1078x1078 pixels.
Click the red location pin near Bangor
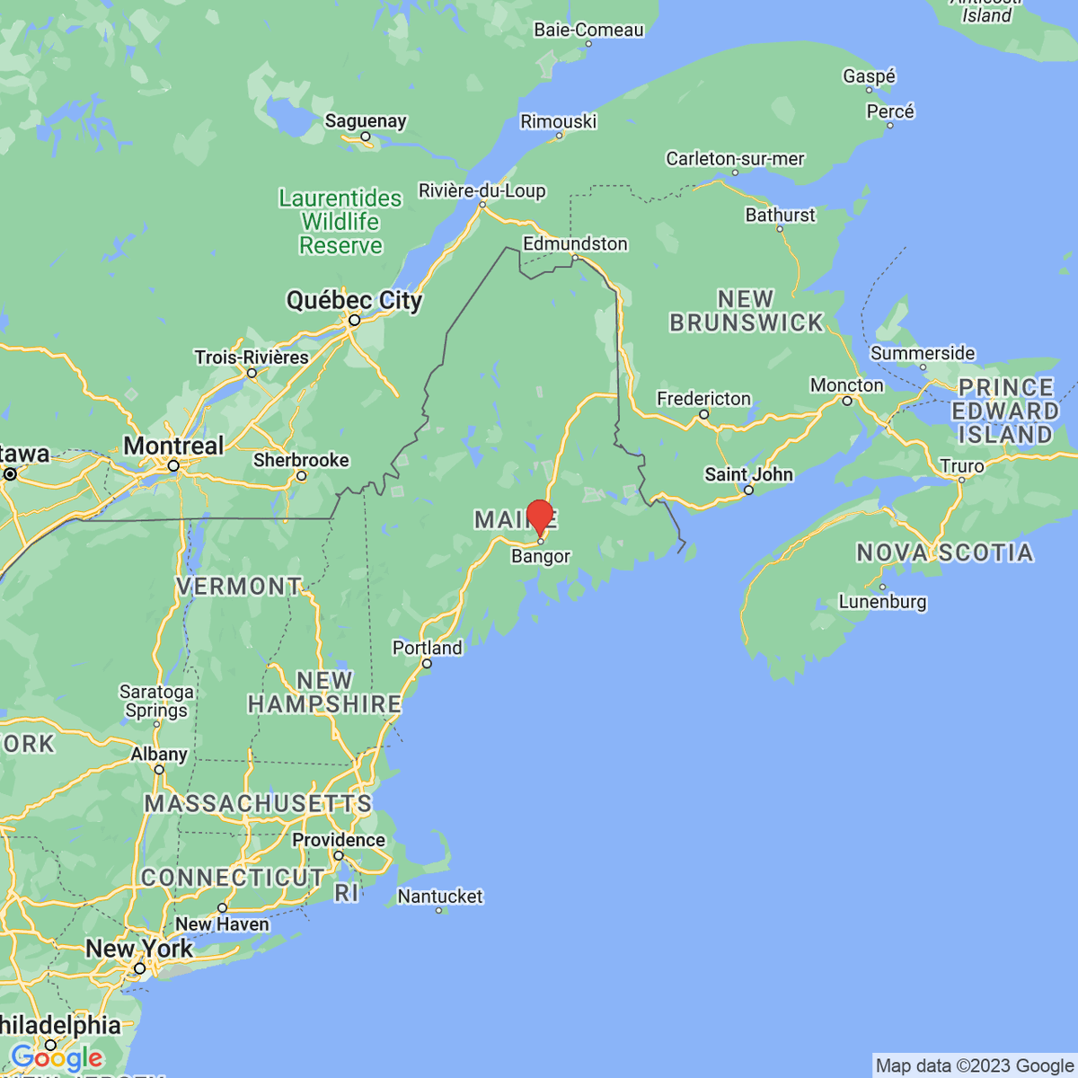539,517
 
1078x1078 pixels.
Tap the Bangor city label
541,557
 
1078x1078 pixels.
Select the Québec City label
354,300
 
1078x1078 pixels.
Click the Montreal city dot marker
173,466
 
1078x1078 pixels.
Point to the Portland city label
428,648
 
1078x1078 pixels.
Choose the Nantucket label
440,897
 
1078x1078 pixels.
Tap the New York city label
139,949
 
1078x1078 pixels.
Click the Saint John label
749,473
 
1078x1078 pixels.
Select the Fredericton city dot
704,414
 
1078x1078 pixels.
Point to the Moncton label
847,385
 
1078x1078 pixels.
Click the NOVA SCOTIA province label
944,552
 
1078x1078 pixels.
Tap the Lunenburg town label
882,602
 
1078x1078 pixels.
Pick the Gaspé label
869,76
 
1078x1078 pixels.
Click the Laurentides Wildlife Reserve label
340,222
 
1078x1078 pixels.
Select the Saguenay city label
366,120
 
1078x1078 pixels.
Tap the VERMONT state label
239,587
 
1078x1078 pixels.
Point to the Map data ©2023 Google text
975,1066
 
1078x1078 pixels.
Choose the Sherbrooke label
301,460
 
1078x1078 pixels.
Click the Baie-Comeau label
588,30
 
